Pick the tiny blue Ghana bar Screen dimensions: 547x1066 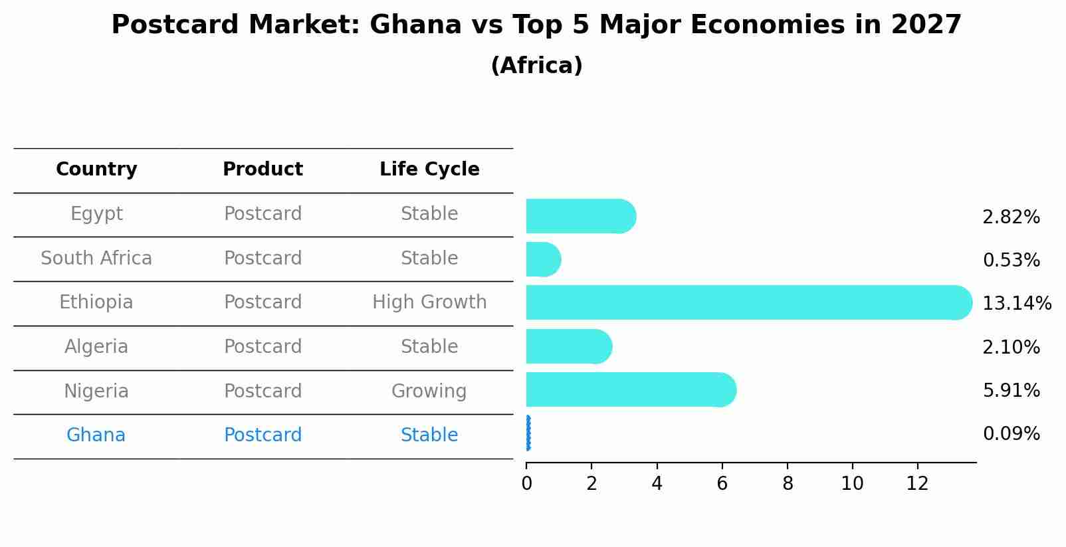tap(528, 433)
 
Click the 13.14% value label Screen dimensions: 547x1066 tap(1016, 304)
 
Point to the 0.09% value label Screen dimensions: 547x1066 tap(1011, 434)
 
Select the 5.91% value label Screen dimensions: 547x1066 tap(1011, 390)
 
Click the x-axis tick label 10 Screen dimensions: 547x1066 tap(852, 484)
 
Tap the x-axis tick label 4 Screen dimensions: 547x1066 tap(657, 484)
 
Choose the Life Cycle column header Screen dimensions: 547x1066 tap(429, 169)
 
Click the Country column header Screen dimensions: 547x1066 tap(96, 169)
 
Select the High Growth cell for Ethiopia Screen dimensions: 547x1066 tap(429, 302)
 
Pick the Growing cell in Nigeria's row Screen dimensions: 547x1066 tap(429, 391)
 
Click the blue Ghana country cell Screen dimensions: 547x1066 tap(96, 435)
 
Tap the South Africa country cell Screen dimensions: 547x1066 tap(96, 258)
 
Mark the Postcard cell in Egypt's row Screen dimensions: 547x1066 tap(263, 214)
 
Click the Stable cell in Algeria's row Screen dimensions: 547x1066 tap(429, 347)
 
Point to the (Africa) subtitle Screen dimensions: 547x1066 tap(536, 66)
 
